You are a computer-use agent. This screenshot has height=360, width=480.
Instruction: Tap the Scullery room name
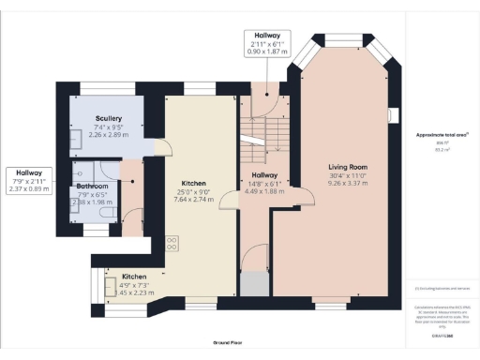tap(109, 118)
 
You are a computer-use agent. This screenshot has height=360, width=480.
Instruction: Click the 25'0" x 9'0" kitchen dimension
tap(194, 192)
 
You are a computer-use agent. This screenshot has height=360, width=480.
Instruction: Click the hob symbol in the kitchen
tap(172, 243)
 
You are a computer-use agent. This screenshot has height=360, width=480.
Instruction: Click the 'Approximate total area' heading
tap(441, 135)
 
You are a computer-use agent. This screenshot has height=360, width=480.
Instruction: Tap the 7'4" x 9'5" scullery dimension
tap(109, 127)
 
